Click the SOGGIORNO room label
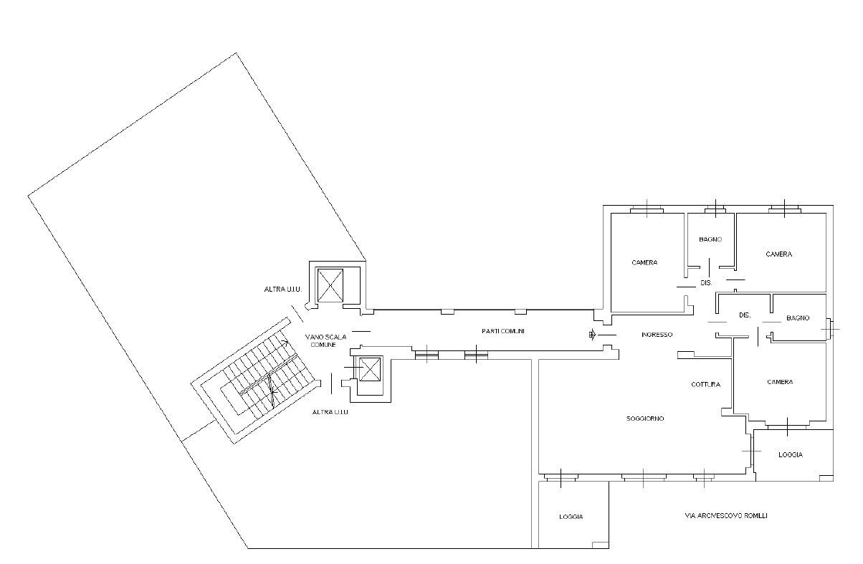point(645,419)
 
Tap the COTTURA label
point(705,384)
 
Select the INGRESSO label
point(657,335)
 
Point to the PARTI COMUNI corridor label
point(503,331)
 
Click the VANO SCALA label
point(325,337)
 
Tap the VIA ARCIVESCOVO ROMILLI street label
point(726,515)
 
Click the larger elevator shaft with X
point(330,285)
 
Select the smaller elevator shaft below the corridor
point(369,369)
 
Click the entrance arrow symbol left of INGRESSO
point(593,335)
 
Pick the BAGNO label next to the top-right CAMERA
point(710,239)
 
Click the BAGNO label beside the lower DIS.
point(798,318)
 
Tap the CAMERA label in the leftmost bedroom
point(644,263)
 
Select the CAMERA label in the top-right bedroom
point(778,254)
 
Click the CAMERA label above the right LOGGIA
point(780,382)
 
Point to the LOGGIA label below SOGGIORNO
point(571,517)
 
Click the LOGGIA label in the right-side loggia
point(791,454)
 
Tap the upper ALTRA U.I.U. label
point(283,290)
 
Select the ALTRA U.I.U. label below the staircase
point(330,412)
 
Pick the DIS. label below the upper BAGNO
point(706,283)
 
